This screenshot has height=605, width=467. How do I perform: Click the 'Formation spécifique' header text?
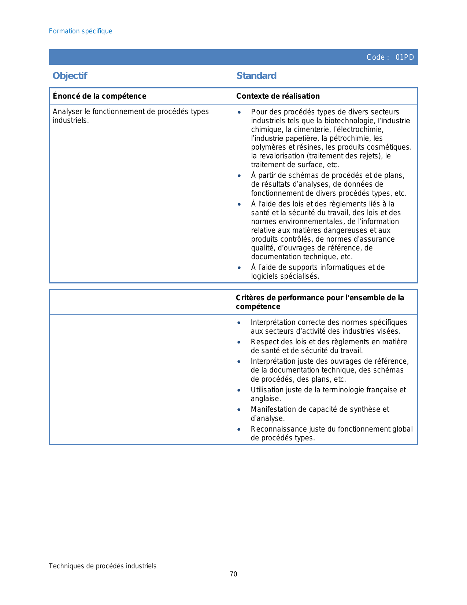(81, 31)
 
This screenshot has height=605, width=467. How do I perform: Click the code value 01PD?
(404, 57)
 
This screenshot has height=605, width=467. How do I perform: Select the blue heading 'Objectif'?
(70, 76)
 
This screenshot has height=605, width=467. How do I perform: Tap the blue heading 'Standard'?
(256, 76)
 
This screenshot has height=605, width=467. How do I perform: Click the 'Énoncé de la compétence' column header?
(99, 96)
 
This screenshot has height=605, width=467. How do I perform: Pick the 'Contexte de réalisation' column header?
(278, 96)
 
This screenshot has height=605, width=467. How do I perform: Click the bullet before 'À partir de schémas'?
(239, 176)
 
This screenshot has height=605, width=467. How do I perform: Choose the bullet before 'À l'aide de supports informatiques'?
(239, 268)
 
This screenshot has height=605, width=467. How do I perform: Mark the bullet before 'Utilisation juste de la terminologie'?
(239, 390)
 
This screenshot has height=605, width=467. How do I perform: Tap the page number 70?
(233, 574)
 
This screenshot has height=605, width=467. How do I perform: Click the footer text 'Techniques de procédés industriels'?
(103, 566)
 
